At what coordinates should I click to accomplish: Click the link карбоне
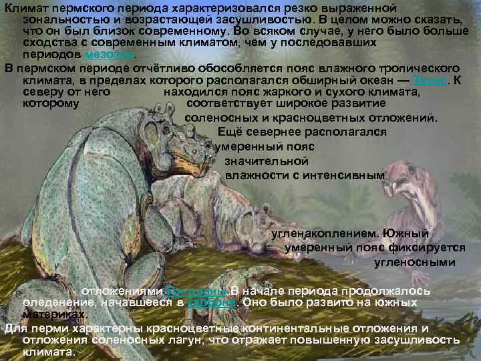[x=210, y=302]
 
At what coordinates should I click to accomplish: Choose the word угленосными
[x=414, y=262]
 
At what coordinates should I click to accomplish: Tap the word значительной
[x=267, y=161]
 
